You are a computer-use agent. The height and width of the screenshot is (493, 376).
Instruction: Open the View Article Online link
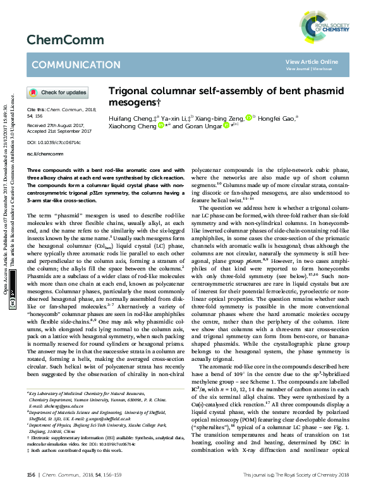(x=312, y=61)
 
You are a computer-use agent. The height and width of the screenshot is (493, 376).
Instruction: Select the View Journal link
(x=298, y=68)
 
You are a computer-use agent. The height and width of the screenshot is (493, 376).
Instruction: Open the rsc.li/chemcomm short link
(x=40, y=154)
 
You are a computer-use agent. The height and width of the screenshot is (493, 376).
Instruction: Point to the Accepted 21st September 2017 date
(x=56, y=132)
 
